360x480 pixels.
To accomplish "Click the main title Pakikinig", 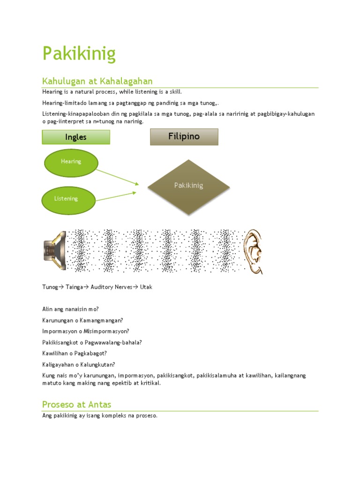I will [79, 54].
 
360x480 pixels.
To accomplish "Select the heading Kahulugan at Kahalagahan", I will [97, 81].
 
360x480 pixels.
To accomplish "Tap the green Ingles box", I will [76, 137].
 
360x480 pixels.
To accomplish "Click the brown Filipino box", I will [184, 136].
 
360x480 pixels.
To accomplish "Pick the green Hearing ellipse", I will [71, 162].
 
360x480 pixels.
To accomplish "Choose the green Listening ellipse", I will [66, 199].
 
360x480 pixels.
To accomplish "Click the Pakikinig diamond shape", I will [189, 187].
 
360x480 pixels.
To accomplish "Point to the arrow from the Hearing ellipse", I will [119, 176].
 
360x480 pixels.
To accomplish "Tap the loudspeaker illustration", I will [54, 251].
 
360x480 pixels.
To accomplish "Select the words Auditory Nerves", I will [110, 287].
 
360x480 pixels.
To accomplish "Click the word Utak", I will [146, 287].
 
